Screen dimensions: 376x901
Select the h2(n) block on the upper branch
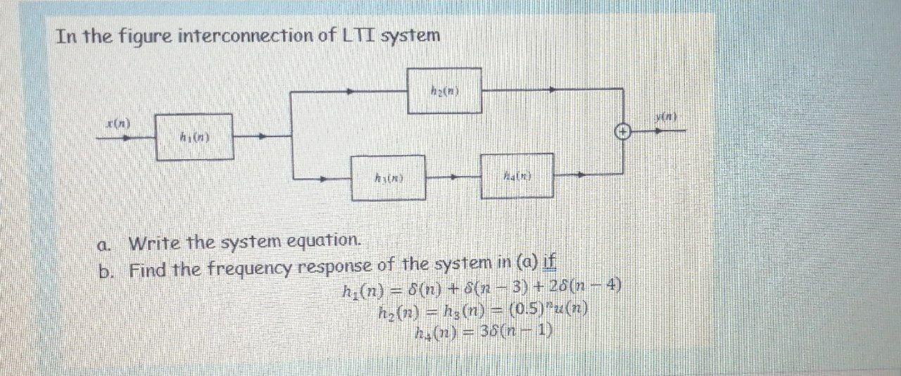445,91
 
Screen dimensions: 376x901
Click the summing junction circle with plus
623,131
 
